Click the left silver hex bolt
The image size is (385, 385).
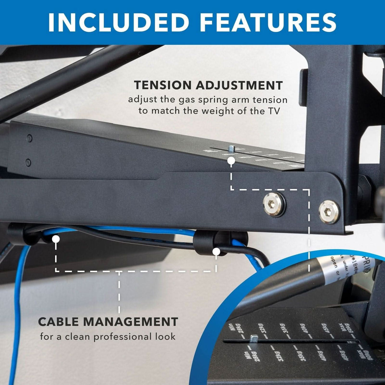tap(274, 205)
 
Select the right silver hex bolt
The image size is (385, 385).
tap(329, 212)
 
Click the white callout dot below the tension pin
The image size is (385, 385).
tap(231, 161)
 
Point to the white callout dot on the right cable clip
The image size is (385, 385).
tap(216, 252)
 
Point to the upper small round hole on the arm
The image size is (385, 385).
tap(29, 138)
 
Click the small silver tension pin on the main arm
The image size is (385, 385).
tap(231, 148)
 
